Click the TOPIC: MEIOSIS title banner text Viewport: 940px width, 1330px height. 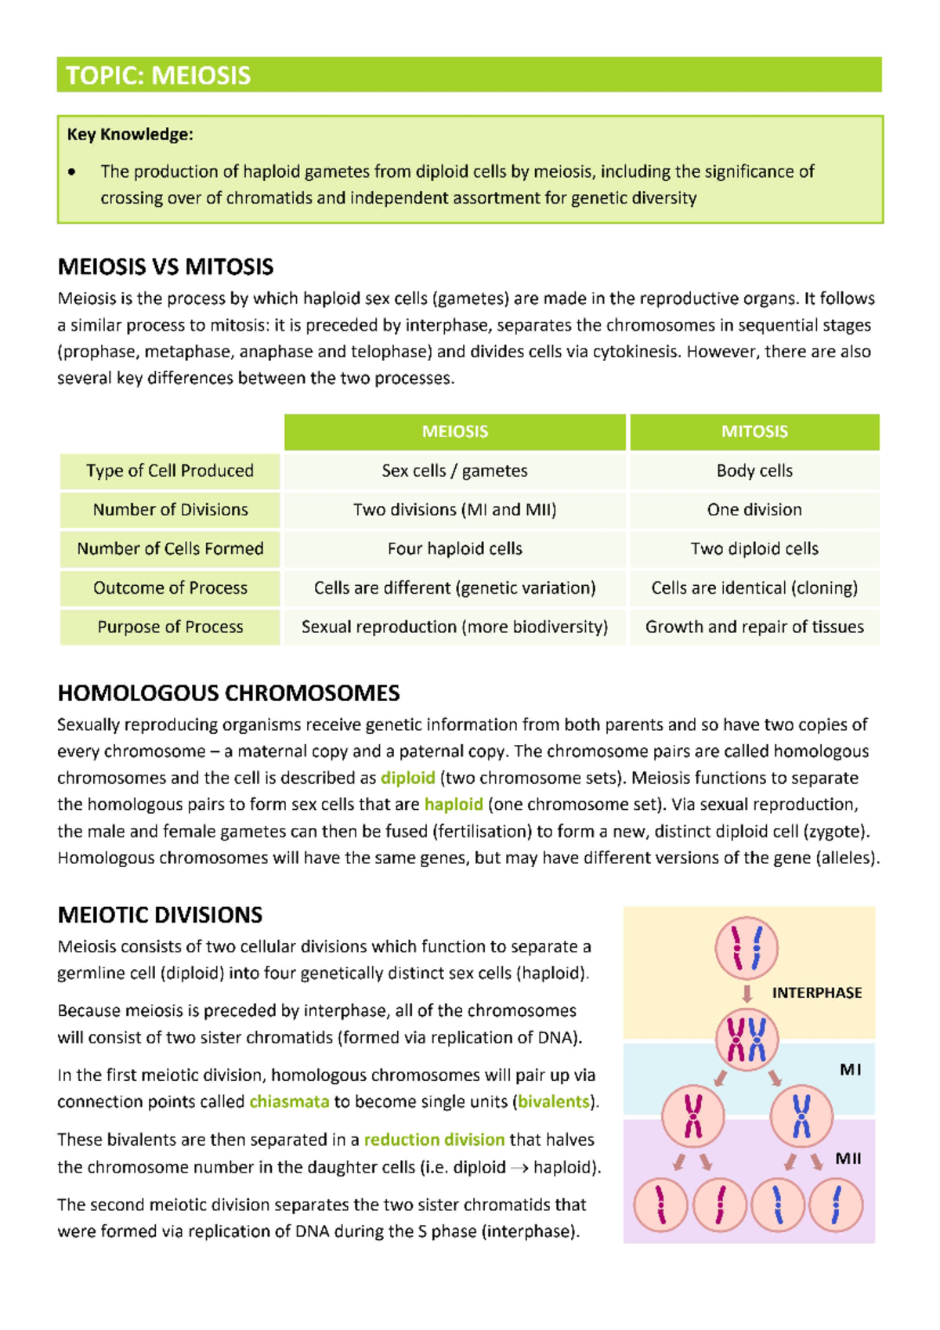click(158, 76)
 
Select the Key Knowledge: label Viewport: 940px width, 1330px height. click(130, 135)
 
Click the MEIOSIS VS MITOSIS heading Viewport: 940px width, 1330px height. click(165, 267)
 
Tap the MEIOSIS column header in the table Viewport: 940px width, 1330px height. click(454, 432)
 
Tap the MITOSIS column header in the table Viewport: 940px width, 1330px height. click(754, 432)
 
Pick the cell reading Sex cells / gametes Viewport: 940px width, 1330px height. click(454, 471)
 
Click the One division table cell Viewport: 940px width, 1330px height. click(754, 510)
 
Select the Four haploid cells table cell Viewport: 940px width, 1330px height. click(454, 549)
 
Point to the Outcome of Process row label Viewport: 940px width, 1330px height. click(170, 588)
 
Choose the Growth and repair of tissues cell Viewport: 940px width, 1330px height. click(754, 627)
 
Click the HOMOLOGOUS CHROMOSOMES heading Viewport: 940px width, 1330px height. click(229, 693)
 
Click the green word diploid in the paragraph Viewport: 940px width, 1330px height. click(407, 779)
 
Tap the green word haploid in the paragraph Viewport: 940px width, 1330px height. click(454, 805)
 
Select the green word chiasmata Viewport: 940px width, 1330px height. click(289, 1102)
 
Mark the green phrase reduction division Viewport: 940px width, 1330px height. click(434, 1140)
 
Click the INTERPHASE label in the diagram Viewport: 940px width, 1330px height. click(816, 993)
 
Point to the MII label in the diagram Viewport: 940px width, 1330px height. click(848, 1159)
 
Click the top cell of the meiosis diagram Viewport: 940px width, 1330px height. click(747, 948)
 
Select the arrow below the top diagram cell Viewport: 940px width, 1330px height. click(747, 994)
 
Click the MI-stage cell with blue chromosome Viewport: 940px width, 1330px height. click(801, 1115)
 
